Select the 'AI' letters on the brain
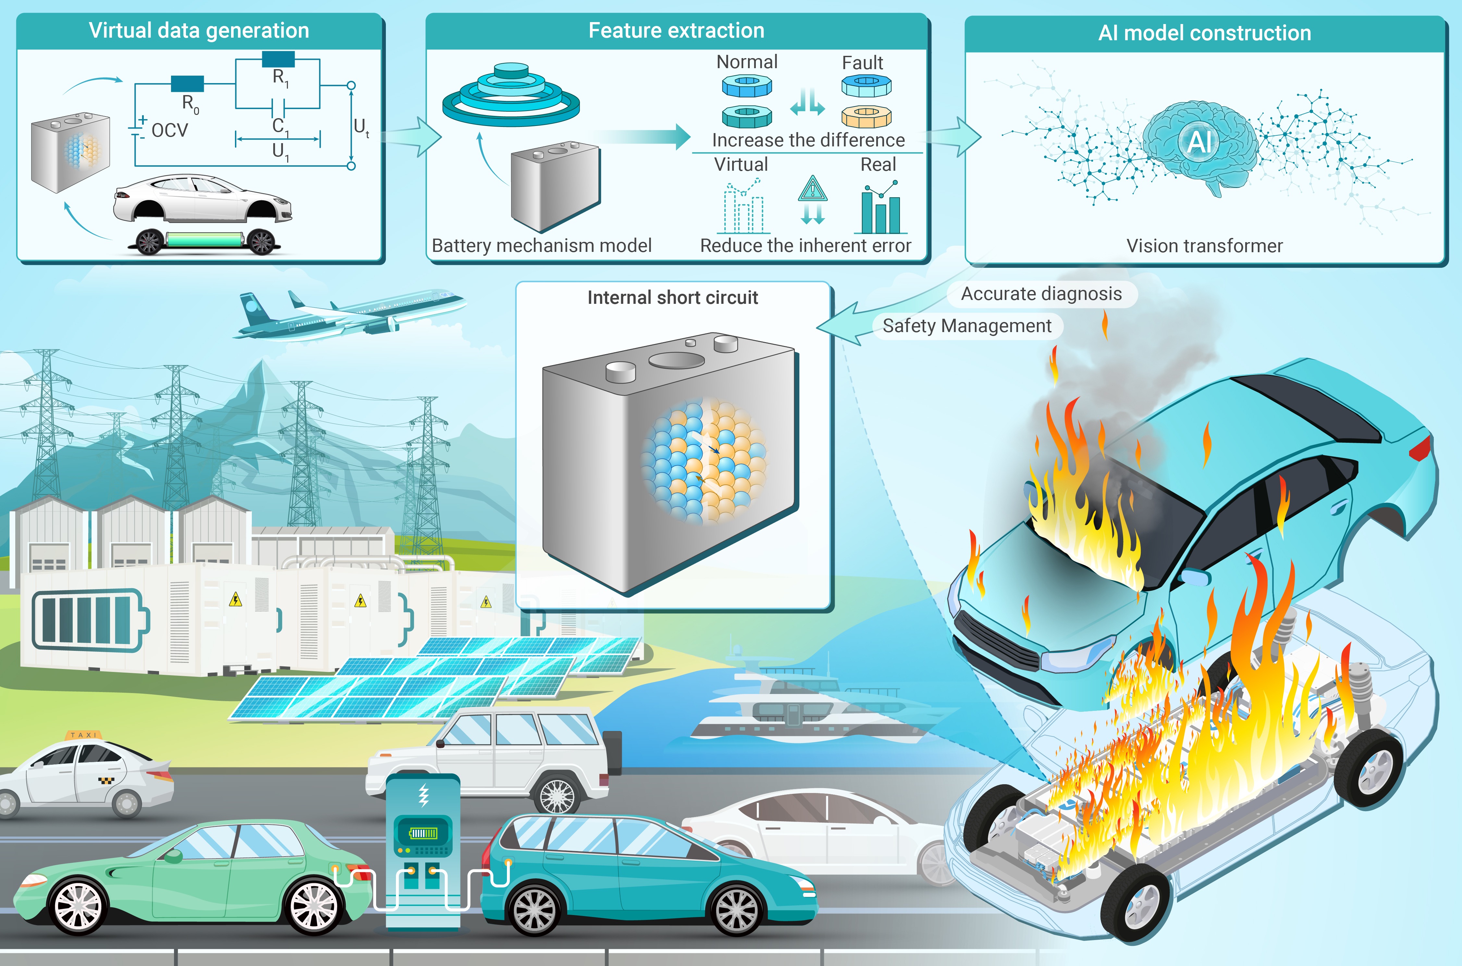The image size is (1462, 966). (1200, 142)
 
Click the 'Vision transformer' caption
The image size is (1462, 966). (1204, 246)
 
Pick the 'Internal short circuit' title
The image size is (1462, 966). (672, 298)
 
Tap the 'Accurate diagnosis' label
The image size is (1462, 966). (1041, 294)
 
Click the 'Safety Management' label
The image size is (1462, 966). (967, 326)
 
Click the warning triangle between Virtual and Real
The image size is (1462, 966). (812, 189)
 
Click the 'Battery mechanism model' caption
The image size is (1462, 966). (541, 246)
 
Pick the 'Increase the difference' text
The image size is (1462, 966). (808, 141)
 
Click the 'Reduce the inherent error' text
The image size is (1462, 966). (805, 246)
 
